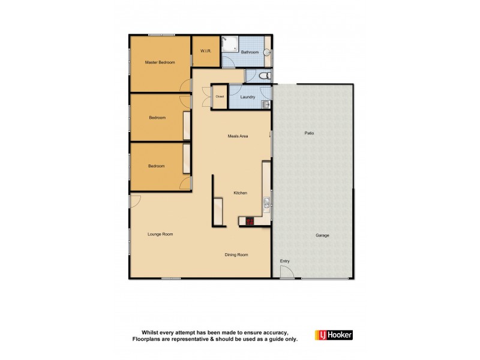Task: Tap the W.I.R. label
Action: click(x=205, y=52)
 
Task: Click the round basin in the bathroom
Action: click(x=268, y=52)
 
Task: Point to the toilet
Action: click(x=265, y=76)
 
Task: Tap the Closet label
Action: click(x=220, y=97)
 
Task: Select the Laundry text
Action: click(x=247, y=97)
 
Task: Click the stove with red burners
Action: click(x=248, y=221)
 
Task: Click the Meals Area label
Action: click(x=238, y=136)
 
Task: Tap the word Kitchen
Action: click(x=241, y=193)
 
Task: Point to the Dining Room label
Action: click(x=236, y=254)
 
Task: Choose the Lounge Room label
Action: click(x=160, y=234)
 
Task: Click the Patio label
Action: click(x=309, y=133)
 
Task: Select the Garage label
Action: click(x=322, y=235)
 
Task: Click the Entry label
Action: click(x=284, y=261)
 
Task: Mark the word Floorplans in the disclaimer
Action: click(x=148, y=338)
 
